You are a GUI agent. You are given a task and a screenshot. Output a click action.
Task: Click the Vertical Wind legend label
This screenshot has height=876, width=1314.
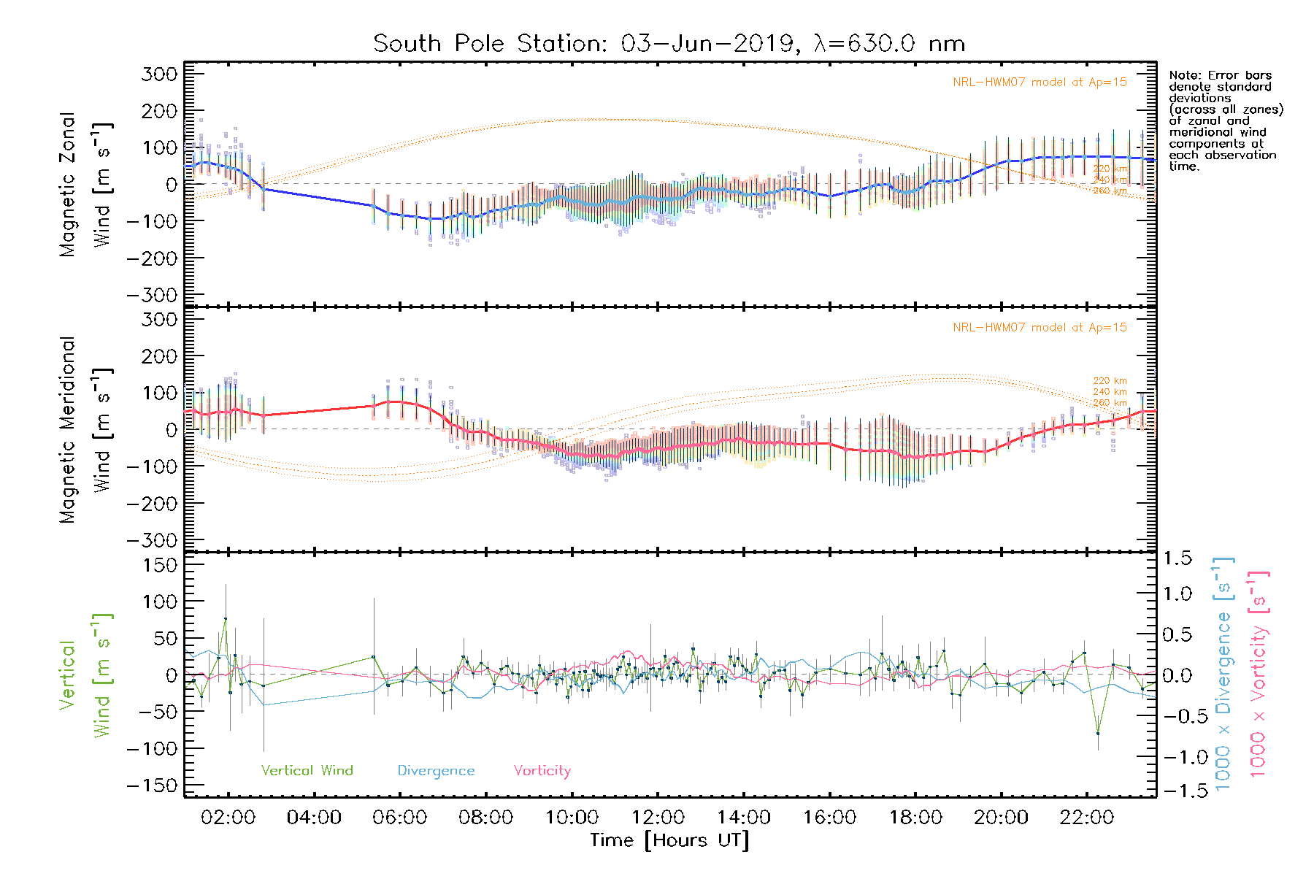(x=307, y=771)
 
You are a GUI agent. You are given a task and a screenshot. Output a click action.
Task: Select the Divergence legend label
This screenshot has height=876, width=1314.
(x=436, y=771)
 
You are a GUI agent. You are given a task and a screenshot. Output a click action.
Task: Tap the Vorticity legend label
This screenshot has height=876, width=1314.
(x=542, y=771)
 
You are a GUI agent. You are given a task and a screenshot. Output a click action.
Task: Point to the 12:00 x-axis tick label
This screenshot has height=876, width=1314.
(x=658, y=818)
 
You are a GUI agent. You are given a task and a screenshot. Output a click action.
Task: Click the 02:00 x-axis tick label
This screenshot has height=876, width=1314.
(x=228, y=818)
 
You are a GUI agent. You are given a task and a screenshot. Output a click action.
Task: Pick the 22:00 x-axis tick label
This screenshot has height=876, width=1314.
(x=1087, y=818)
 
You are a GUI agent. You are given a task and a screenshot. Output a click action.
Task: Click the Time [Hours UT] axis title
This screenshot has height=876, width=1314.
(x=669, y=840)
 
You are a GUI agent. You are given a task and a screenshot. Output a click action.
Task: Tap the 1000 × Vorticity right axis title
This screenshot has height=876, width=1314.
(x=1258, y=675)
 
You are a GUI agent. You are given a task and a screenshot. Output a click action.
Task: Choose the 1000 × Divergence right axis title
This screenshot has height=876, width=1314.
(x=1223, y=675)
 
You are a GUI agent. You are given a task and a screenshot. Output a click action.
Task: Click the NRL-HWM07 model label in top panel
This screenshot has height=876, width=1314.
(x=1040, y=82)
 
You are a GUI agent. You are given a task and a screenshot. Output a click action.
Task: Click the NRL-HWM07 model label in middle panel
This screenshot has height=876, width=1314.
(x=1040, y=328)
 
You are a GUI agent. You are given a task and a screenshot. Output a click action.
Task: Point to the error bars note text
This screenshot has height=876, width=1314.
(x=1225, y=120)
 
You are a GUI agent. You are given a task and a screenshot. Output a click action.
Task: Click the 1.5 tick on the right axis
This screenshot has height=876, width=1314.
(x=1177, y=558)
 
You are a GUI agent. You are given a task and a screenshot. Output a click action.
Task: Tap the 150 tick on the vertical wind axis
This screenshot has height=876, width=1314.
(x=160, y=565)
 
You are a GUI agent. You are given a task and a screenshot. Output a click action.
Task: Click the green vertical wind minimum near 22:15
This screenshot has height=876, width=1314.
(x=1098, y=732)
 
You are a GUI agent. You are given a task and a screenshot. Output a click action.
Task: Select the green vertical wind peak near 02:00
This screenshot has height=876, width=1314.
(x=226, y=618)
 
